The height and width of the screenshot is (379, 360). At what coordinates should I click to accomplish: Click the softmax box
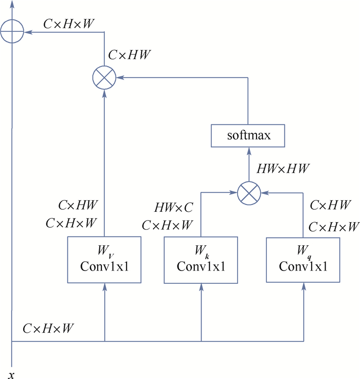tap(248, 136)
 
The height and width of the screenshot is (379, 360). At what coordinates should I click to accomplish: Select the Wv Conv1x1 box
tap(105, 259)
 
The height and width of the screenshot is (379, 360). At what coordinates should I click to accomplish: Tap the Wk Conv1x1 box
tap(201, 259)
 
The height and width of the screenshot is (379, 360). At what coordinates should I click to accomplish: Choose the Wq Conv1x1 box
tap(303, 259)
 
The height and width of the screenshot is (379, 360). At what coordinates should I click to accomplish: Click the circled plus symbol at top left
tap(12, 32)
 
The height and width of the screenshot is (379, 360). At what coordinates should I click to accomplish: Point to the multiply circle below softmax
tap(248, 193)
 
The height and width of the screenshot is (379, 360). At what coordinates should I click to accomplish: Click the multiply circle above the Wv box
tap(105, 78)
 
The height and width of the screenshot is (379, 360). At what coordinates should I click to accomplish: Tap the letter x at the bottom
tap(11, 373)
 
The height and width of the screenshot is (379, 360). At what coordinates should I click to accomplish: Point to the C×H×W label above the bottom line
tap(47, 328)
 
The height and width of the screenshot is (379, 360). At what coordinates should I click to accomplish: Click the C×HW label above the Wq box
tap(331, 206)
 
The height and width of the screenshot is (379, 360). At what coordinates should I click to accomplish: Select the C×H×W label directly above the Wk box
tap(167, 225)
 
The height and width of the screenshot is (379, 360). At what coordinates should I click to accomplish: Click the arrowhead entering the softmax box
tap(248, 150)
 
